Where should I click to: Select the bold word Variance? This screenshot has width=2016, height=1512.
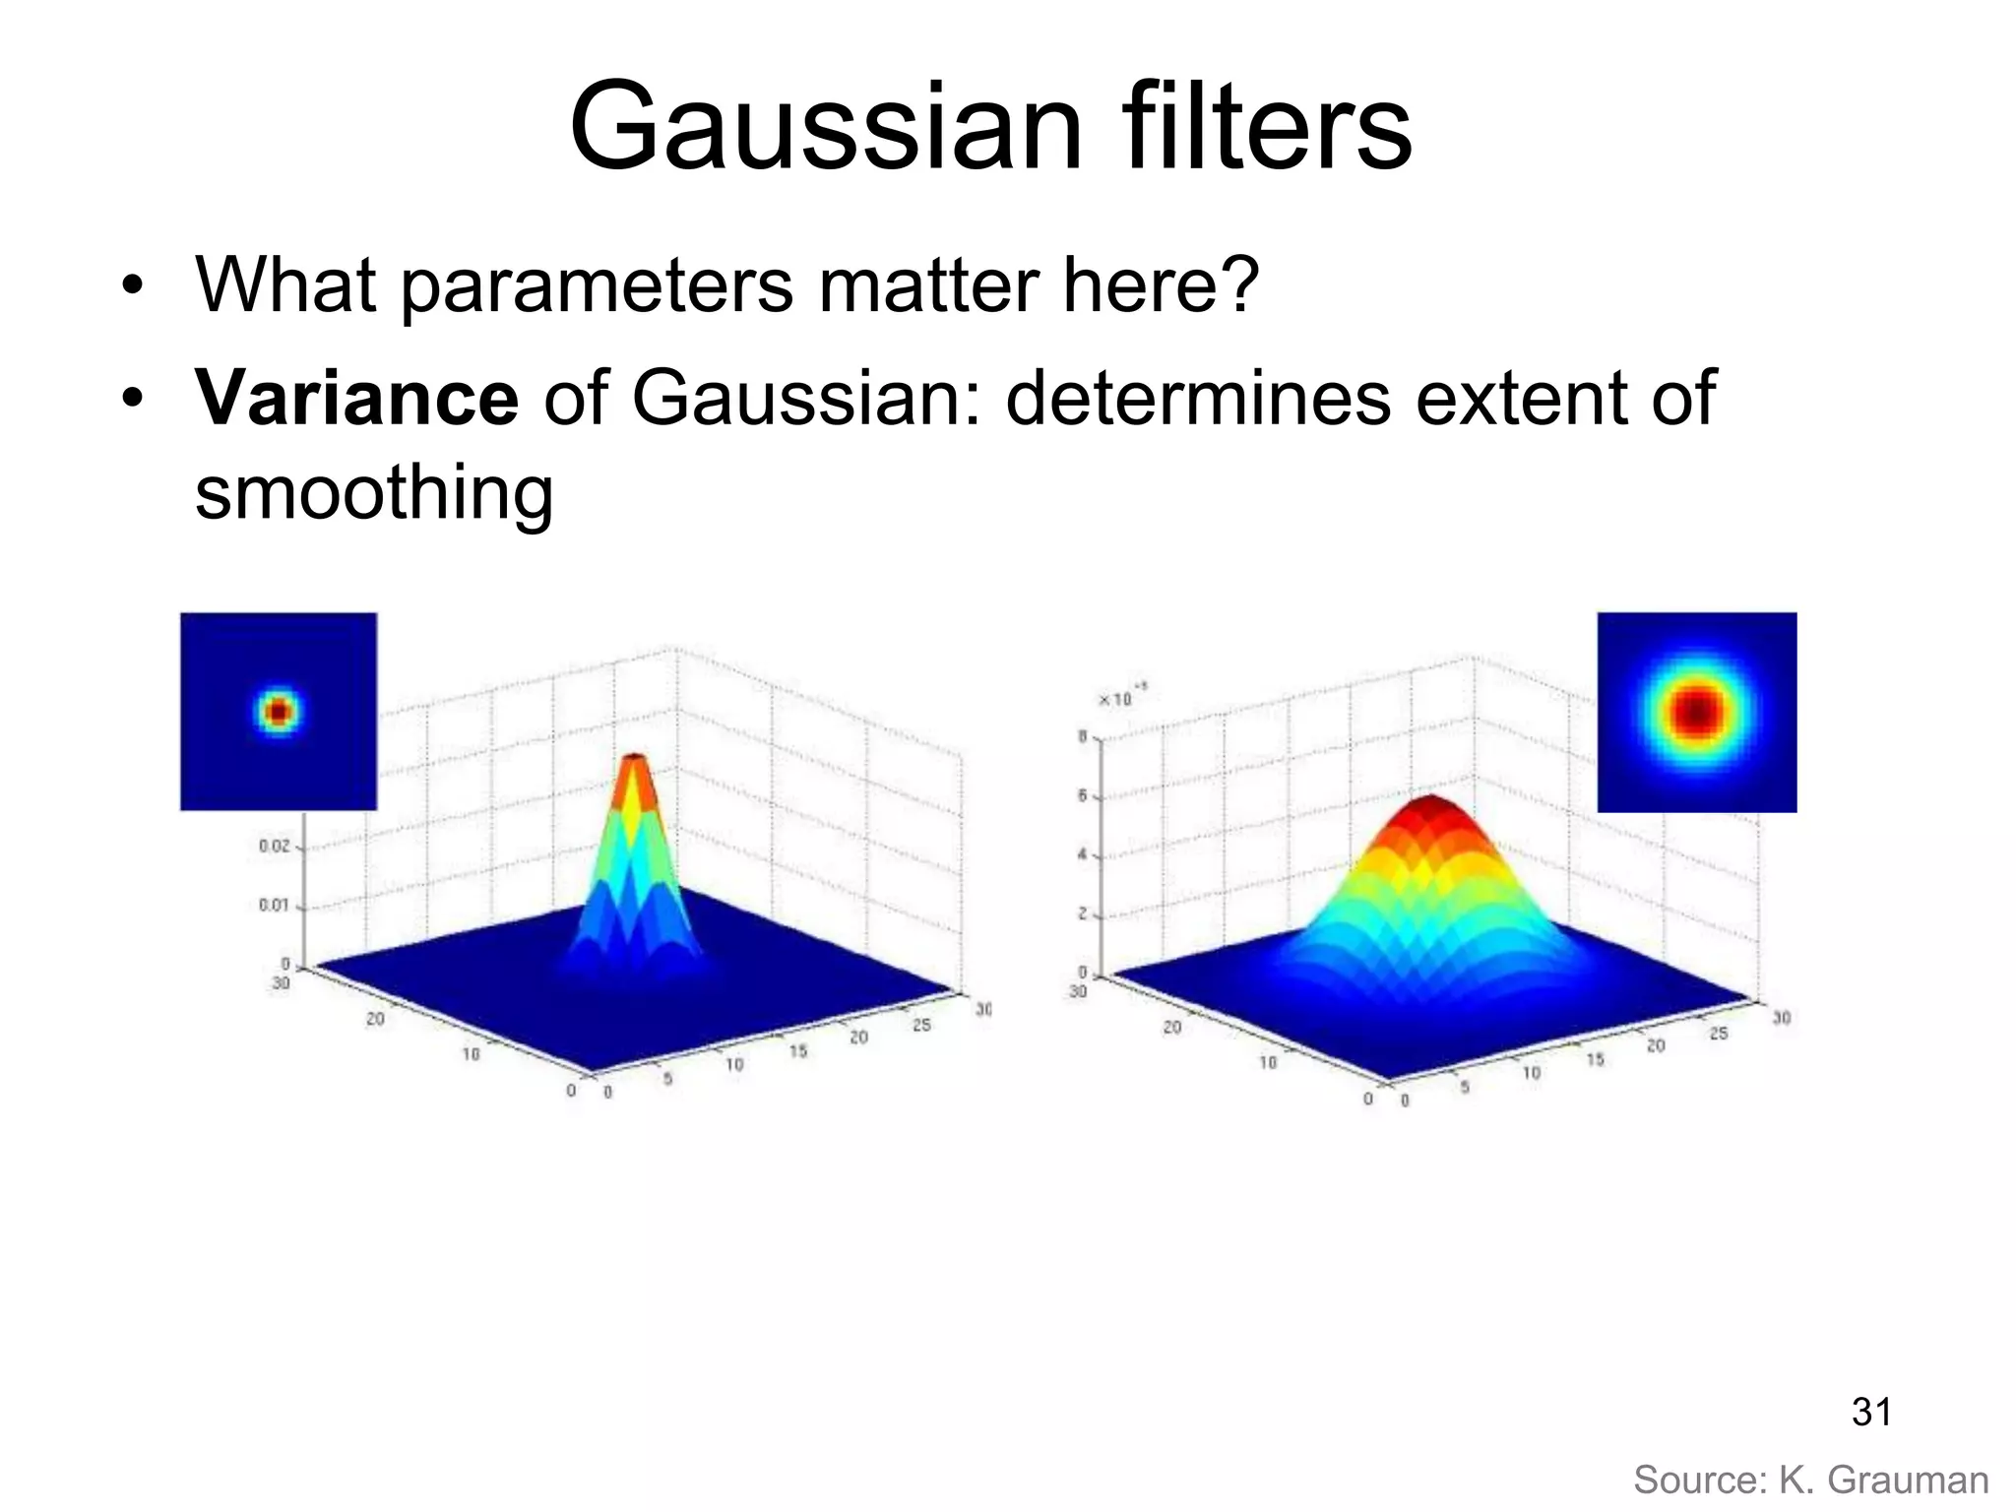point(356,398)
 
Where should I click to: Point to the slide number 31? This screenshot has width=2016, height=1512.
point(1871,1413)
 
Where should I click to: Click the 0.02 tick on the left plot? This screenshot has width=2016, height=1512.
point(275,846)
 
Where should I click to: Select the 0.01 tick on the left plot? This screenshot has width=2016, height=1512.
point(275,905)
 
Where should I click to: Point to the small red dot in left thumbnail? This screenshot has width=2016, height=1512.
point(279,711)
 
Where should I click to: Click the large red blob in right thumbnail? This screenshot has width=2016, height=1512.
point(1696,711)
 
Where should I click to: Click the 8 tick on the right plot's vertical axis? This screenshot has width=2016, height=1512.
point(1083,736)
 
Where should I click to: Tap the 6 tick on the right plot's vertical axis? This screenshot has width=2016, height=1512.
point(1083,795)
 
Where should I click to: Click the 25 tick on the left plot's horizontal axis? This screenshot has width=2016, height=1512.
point(921,1026)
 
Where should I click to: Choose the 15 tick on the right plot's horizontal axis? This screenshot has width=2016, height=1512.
point(1596,1059)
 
